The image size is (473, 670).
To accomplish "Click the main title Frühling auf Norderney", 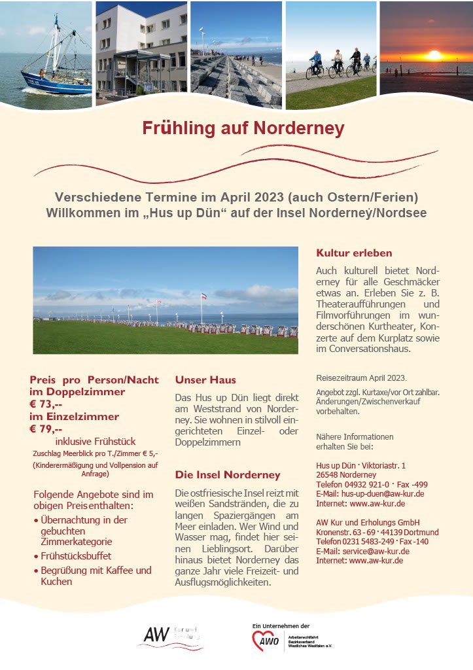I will (x=243, y=128).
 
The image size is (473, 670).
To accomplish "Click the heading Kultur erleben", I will (x=354, y=253).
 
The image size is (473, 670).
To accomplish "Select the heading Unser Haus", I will (x=205, y=379).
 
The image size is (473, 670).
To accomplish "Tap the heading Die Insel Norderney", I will (x=228, y=474).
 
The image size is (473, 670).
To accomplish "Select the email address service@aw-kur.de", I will (x=381, y=551).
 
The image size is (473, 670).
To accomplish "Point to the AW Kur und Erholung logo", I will (x=171, y=635).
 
